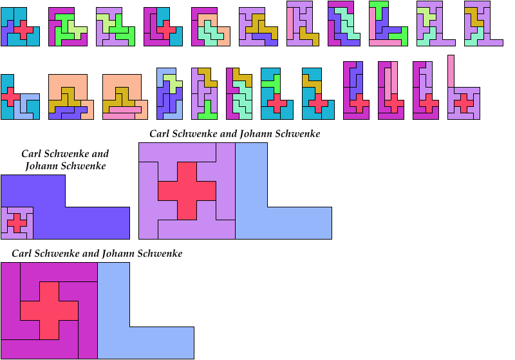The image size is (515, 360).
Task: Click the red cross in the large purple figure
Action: (187, 191)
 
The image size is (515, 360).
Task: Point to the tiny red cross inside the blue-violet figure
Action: (17, 223)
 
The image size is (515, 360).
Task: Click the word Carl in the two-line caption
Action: (32, 154)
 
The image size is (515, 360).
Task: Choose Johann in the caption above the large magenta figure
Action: (120, 254)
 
